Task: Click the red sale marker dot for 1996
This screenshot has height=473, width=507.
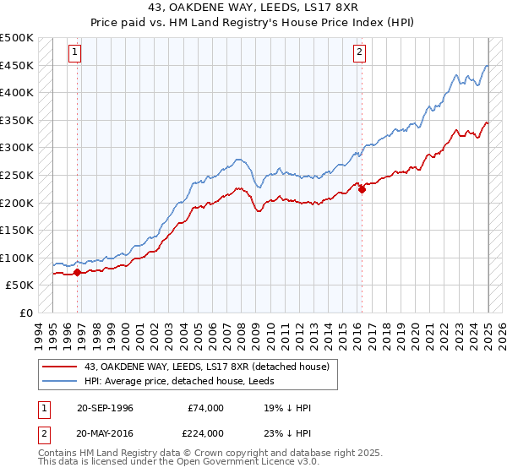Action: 77,272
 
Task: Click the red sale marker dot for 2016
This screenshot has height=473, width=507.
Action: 362,189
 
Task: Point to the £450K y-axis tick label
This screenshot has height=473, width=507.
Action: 17,65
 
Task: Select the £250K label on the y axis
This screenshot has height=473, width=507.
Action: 17,175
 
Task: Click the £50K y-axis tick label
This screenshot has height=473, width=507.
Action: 20,285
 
